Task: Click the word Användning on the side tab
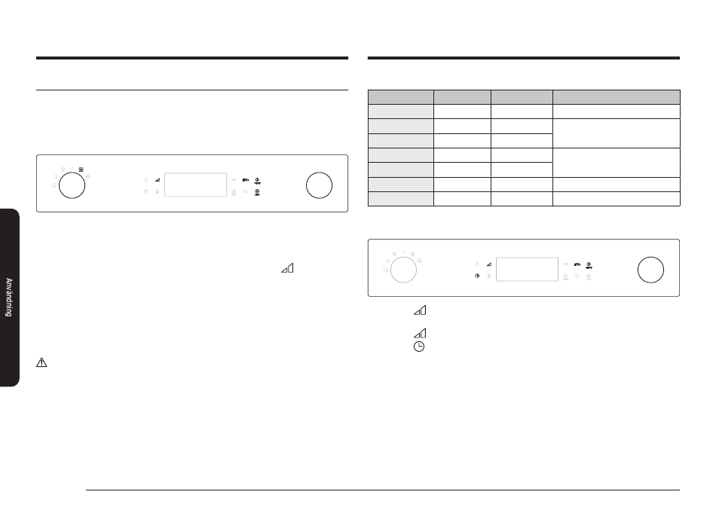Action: (x=9, y=297)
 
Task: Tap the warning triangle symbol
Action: (x=41, y=362)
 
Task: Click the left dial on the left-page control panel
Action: (x=72, y=185)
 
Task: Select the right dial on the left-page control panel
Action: (x=320, y=185)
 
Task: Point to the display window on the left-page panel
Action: (x=195, y=185)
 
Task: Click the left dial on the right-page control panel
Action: (x=403, y=270)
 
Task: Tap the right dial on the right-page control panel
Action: (x=650, y=270)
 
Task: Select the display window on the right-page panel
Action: (x=527, y=269)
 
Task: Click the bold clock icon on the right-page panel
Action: (x=477, y=276)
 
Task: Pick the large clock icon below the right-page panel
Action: (x=419, y=347)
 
